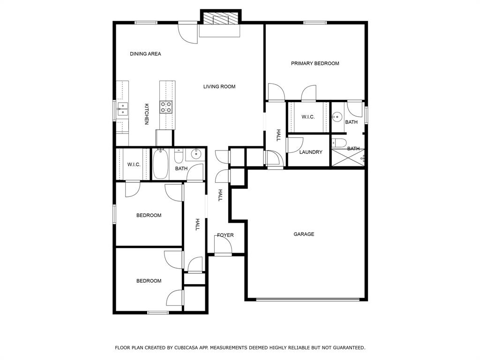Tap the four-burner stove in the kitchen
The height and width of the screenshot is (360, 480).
coord(166,107)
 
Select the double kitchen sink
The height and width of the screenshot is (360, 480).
coord(122,109)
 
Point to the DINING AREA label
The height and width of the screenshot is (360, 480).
coord(145,54)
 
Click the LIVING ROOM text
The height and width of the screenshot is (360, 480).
coord(219,86)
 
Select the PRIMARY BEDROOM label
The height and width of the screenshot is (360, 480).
coord(315,63)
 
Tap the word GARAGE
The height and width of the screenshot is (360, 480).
coord(304,234)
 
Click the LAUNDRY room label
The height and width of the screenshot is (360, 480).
coord(310,152)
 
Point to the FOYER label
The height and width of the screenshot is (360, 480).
coord(225,235)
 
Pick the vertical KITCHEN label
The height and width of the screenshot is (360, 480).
coord(146,114)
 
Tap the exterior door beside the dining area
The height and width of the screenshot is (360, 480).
coord(188,33)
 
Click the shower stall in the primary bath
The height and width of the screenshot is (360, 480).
coord(347,158)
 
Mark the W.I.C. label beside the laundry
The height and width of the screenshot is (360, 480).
coord(308,117)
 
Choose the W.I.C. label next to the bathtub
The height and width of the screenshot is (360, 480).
coord(134,165)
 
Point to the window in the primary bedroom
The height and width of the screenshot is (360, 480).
coord(315,22)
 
